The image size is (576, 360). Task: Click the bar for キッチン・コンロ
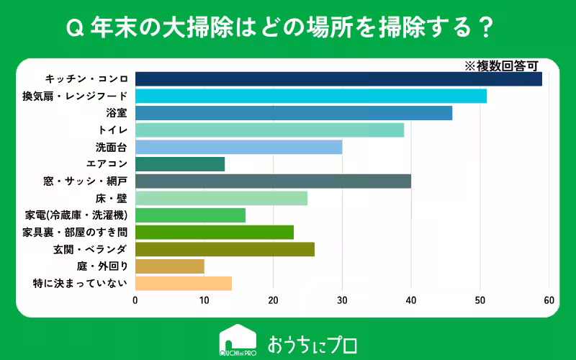coord(338,79)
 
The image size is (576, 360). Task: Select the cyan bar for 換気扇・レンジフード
coord(311,96)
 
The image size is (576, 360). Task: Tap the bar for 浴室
coord(294,113)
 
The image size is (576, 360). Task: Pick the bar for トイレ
coord(269,130)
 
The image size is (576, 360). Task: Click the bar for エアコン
coord(180,164)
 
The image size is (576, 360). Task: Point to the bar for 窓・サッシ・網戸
coord(274,181)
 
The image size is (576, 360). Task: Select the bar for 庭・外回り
coord(170,266)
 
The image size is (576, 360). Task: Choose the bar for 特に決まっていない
coord(184,284)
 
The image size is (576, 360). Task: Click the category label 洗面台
coord(112,148)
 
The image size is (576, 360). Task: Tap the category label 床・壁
coord(112,199)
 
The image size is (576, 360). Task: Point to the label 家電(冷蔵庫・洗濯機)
coord(76,215)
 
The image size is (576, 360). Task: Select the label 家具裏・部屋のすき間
coord(75,233)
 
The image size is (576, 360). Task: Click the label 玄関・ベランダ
coord(91,249)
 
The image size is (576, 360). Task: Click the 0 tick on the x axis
coord(135,300)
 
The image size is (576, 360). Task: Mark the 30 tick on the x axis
coord(342,300)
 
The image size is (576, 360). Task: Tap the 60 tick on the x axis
coord(549,300)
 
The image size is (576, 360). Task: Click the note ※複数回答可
coord(501,66)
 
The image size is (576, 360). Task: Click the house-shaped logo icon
coord(238,340)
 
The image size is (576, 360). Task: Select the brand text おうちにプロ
coord(312,344)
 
